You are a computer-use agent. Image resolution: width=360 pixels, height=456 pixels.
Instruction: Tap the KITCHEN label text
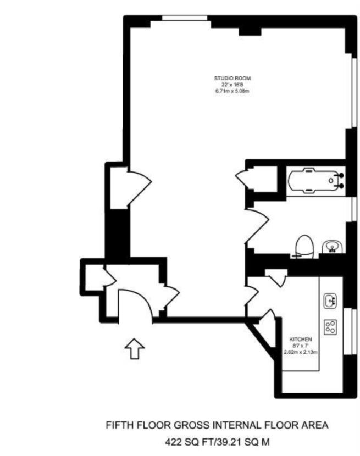[x=302, y=340]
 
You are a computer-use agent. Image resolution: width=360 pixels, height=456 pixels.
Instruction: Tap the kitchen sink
[x=330, y=301]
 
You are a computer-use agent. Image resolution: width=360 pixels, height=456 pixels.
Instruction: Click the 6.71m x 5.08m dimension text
[x=232, y=91]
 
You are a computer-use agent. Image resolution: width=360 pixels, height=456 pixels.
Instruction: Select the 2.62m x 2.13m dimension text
[x=301, y=352]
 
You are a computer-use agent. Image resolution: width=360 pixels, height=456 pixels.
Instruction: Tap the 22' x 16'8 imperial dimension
[x=232, y=85]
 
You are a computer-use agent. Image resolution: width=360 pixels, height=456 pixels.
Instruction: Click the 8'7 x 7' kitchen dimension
[x=302, y=346]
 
